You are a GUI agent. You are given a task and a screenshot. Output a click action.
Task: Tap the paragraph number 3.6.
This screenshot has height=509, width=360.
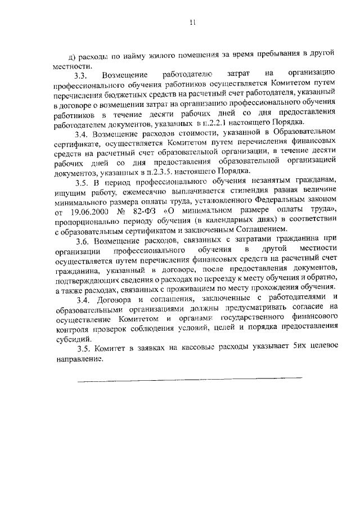pos(82,241)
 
